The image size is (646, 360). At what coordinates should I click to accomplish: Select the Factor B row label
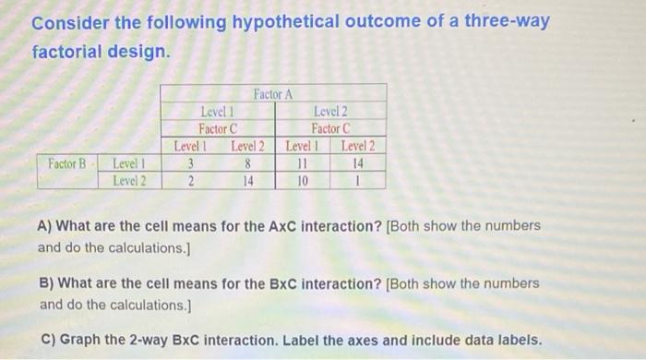pyautogui.click(x=66, y=163)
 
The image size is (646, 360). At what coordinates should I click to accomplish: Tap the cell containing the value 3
pyautogui.click(x=189, y=163)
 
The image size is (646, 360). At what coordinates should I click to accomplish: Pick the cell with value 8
pyautogui.click(x=247, y=163)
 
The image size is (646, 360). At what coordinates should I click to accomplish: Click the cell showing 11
pyautogui.click(x=302, y=163)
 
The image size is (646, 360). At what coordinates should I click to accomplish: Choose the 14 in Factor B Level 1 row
pyautogui.click(x=358, y=163)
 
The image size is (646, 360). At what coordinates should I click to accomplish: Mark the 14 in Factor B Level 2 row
pyautogui.click(x=247, y=180)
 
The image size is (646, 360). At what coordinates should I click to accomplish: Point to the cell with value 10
pyautogui.click(x=302, y=180)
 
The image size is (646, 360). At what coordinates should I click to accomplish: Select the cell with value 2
pyautogui.click(x=189, y=180)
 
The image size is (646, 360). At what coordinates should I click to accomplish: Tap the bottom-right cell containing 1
pyautogui.click(x=358, y=180)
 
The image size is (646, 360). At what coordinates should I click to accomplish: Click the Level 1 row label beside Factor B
pyautogui.click(x=128, y=163)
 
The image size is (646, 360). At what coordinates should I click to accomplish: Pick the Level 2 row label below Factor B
pyautogui.click(x=128, y=180)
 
